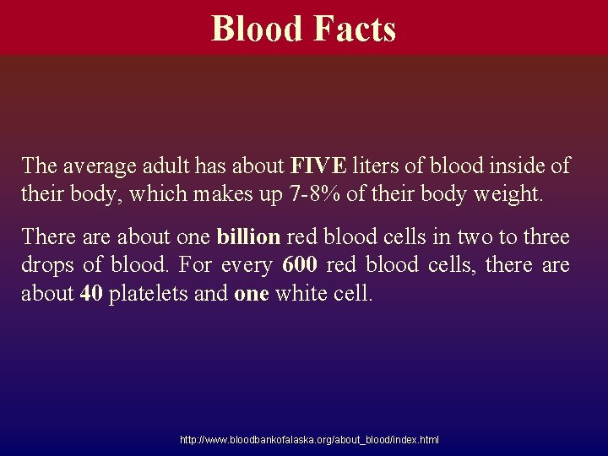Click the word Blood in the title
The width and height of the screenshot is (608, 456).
[x=258, y=29]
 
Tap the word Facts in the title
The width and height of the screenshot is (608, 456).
[x=354, y=29]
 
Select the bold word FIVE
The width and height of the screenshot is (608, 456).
[x=318, y=166]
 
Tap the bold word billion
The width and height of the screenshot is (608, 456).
[x=248, y=236]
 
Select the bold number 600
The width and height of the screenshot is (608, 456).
[x=300, y=265]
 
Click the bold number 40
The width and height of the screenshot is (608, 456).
[x=90, y=295]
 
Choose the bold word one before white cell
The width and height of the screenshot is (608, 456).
[x=250, y=295]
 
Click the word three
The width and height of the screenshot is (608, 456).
[x=546, y=236]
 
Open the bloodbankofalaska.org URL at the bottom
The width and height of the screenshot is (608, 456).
[x=309, y=440]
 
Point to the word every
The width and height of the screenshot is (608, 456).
[x=246, y=265]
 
